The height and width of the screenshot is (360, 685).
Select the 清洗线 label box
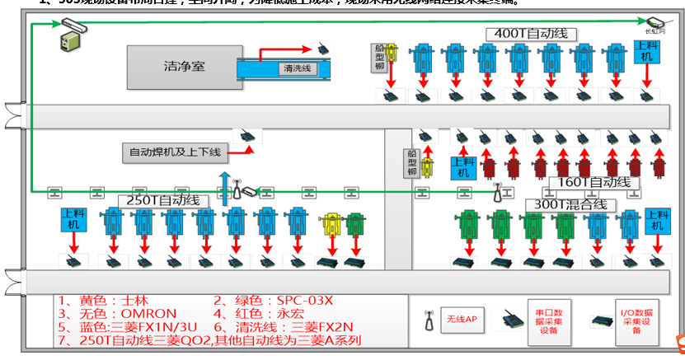(x=296, y=68)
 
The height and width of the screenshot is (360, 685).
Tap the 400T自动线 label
(x=531, y=34)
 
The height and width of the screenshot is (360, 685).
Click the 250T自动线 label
(x=164, y=200)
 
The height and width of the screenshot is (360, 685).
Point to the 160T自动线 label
(x=594, y=182)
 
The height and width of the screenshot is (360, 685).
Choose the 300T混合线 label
(x=570, y=203)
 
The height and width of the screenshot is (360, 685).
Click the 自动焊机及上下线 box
(x=175, y=152)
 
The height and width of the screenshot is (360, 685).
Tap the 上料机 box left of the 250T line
(x=73, y=220)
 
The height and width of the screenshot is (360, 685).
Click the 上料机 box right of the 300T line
(x=656, y=220)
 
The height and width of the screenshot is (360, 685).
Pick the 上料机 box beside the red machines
(x=462, y=166)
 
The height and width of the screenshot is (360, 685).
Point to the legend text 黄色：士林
(x=92, y=301)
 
